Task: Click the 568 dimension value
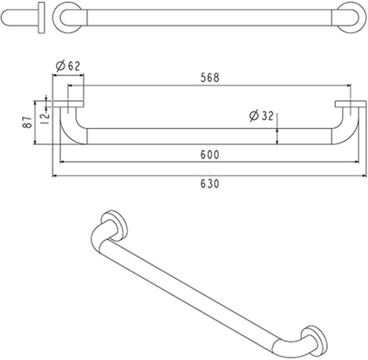tap(211, 77)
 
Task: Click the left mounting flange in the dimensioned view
tap(71, 100)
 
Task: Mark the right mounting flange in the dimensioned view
tap(351, 100)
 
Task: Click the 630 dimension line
tap(138, 174)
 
